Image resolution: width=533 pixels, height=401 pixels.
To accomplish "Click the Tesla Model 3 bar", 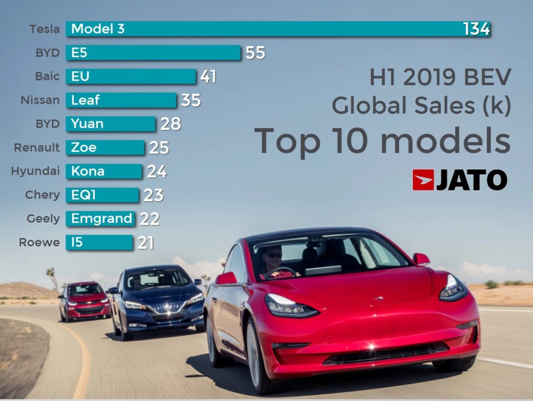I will [278, 29].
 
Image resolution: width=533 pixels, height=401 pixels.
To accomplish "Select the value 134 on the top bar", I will [476, 29].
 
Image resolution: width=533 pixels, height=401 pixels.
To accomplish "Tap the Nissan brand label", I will [40, 100].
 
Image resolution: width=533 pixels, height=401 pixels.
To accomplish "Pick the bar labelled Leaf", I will [121, 100].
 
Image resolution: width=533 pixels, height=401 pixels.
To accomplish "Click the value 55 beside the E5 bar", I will [255, 53].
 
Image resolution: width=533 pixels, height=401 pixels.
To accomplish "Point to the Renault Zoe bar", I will [105, 148].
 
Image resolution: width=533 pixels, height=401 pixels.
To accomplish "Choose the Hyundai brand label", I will [35, 171].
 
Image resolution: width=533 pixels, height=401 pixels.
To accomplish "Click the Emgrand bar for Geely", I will [100, 219].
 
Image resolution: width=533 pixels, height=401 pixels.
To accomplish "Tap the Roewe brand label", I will [39, 242].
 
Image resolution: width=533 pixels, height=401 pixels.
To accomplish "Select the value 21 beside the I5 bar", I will [146, 243].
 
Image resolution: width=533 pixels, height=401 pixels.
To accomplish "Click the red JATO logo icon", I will [423, 180].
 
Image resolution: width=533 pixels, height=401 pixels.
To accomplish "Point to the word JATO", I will [472, 180].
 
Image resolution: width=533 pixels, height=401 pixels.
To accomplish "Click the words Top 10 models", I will [383, 140].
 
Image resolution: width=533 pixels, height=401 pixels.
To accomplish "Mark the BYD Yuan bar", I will [110, 124].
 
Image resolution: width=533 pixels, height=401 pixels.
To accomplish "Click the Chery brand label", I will [42, 195].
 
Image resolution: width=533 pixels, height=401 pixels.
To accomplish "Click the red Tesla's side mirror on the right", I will [421, 259].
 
